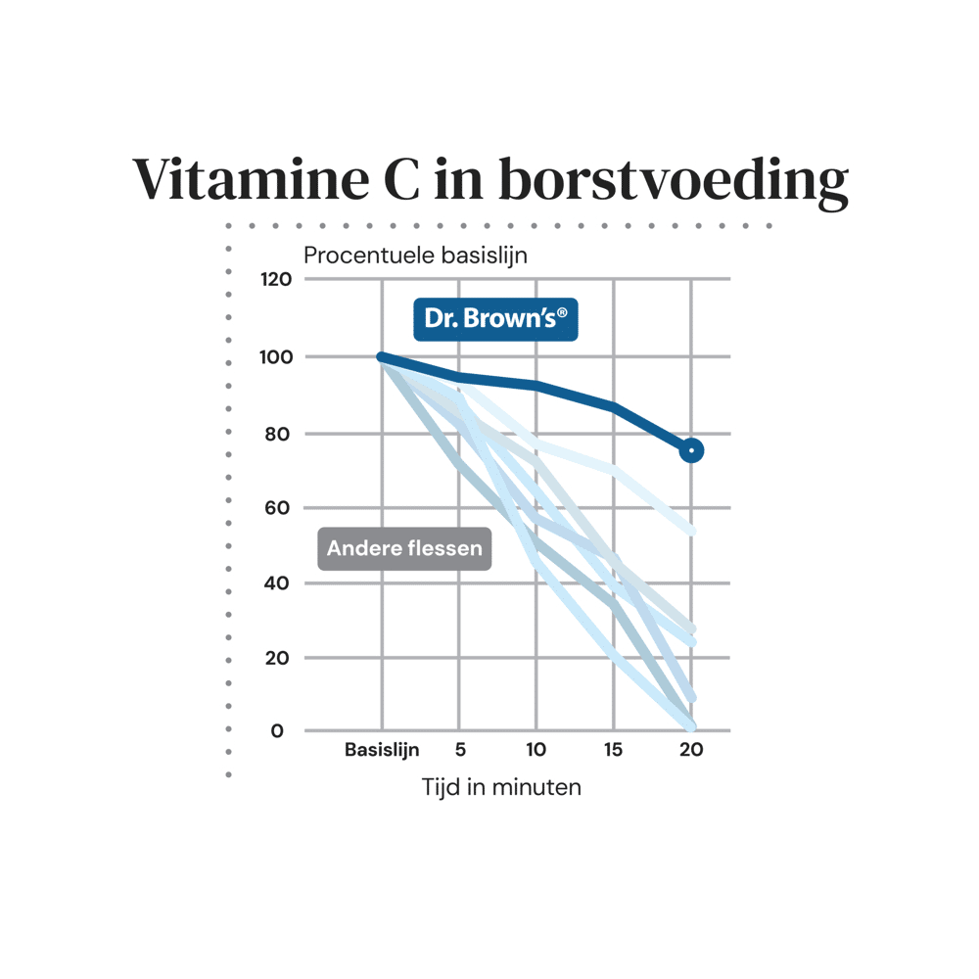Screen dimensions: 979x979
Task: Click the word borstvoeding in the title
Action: pos(673,181)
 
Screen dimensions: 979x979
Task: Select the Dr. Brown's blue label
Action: pos(495,319)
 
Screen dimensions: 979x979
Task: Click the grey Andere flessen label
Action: pos(404,548)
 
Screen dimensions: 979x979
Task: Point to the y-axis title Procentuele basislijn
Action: pos(415,256)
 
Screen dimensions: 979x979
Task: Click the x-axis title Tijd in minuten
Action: pos(501,786)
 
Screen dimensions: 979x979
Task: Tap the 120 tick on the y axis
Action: pos(277,280)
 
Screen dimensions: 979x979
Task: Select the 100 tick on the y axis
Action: pos(277,356)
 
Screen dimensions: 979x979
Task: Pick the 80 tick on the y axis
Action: pos(280,433)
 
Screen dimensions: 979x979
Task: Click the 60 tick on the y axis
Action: pos(280,507)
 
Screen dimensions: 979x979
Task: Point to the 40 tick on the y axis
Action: pos(280,583)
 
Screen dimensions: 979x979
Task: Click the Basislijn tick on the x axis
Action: pos(382,751)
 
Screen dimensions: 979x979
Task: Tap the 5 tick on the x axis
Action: pos(459,751)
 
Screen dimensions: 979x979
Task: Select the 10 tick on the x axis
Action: pos(536,751)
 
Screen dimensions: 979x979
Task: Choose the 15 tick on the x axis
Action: pos(613,751)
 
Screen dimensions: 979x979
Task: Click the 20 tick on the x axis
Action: pos(691,751)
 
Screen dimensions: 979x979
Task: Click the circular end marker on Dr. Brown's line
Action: pos(691,450)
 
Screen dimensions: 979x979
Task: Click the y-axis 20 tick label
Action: pos(280,657)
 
